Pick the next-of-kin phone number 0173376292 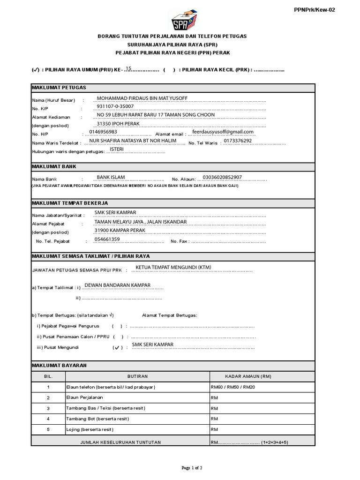coord(238,140)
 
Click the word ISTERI coord(117,149)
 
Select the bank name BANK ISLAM coord(111,177)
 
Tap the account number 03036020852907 coord(222,177)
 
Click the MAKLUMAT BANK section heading coord(54,166)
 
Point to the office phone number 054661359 coord(107,239)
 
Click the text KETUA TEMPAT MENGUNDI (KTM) coord(173,267)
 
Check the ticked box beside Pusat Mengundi coord(117,348)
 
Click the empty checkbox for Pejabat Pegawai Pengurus coord(117,326)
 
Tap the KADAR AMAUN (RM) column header coord(248,376)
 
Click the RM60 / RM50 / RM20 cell coord(233,387)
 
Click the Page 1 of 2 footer coord(191,468)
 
